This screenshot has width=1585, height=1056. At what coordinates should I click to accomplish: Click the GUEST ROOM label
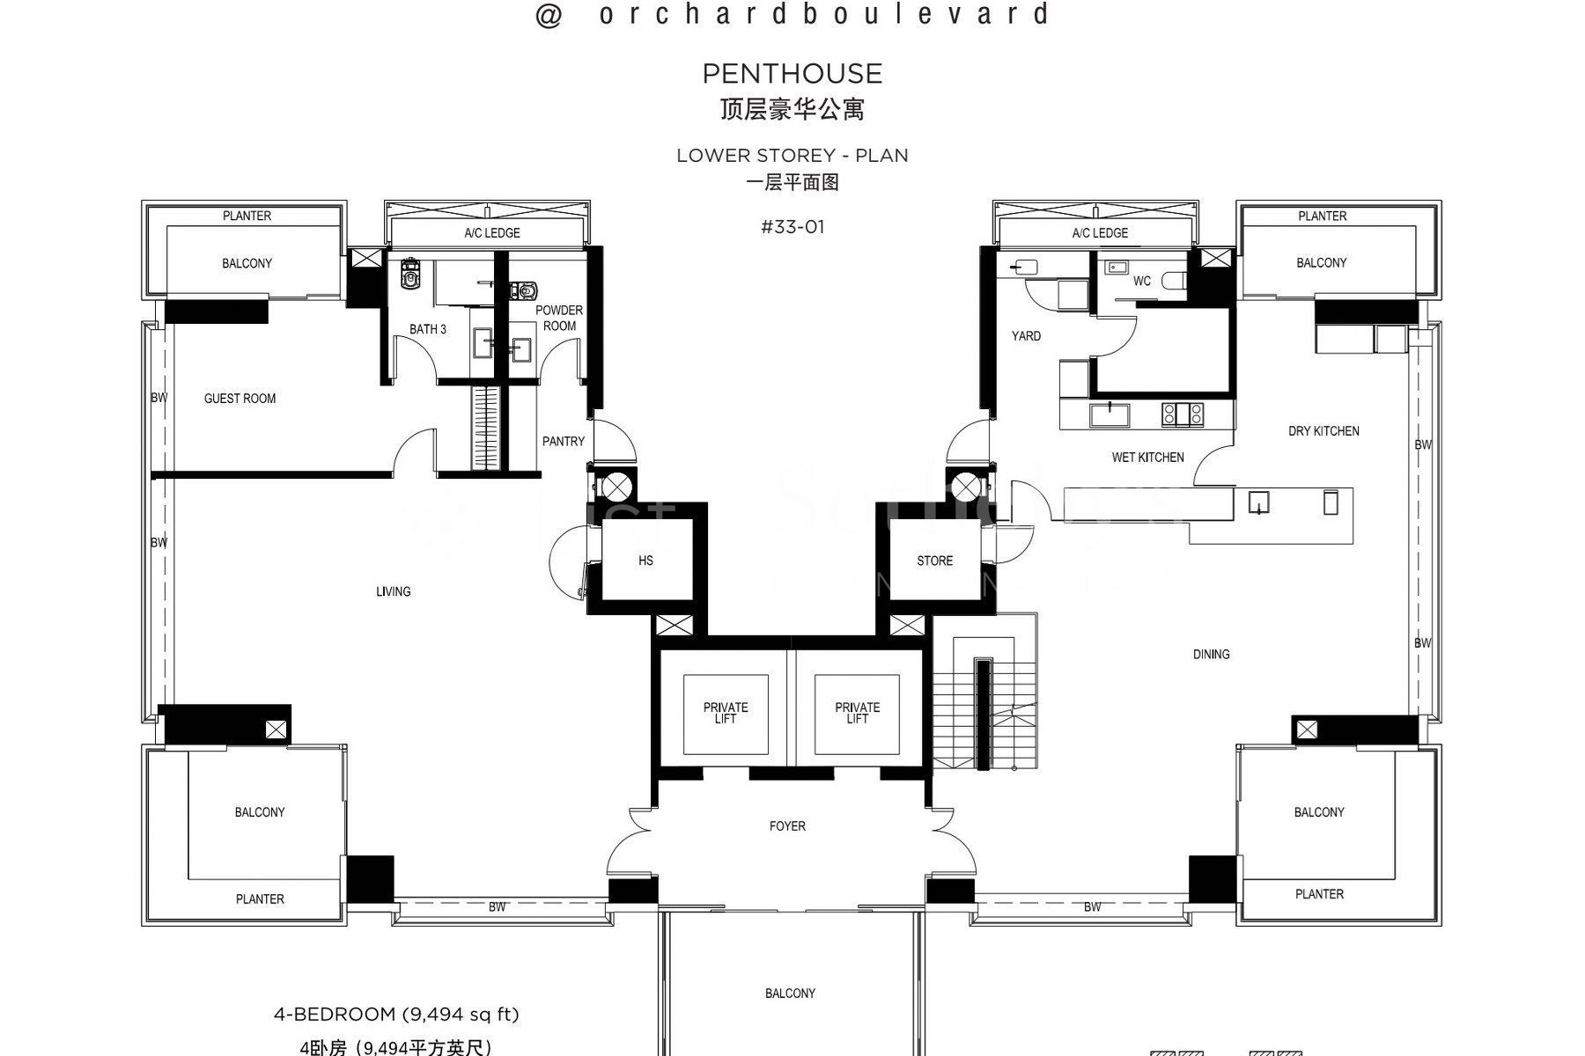point(240,399)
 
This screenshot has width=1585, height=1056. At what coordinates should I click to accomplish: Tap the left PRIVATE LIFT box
point(726,713)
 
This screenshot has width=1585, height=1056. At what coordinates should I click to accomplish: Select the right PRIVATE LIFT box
point(857,713)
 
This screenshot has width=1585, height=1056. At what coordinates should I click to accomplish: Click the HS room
point(645,561)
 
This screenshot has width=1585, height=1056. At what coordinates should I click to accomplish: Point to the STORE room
point(934,561)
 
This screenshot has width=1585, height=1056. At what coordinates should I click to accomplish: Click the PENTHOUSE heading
point(792,74)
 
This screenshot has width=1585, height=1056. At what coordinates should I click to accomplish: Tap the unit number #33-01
point(792,227)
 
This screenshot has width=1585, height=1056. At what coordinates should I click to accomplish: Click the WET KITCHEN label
point(1147,458)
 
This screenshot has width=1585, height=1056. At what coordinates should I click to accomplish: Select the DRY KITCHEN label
point(1323,431)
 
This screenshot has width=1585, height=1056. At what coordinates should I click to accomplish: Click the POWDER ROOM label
point(559,318)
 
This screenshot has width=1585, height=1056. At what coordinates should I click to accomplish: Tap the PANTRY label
point(563,442)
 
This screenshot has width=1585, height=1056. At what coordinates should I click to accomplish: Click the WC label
point(1141,282)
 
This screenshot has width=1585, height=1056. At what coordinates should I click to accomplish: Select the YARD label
point(1026,336)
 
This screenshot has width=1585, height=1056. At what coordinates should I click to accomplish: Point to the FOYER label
point(787,826)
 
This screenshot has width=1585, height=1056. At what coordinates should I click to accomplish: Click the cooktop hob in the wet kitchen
point(1182,414)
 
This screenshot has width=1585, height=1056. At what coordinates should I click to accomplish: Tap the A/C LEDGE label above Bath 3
point(492,233)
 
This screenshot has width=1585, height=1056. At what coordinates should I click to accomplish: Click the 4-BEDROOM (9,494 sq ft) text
point(396,1015)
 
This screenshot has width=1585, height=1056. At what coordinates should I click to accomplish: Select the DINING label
point(1211,654)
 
